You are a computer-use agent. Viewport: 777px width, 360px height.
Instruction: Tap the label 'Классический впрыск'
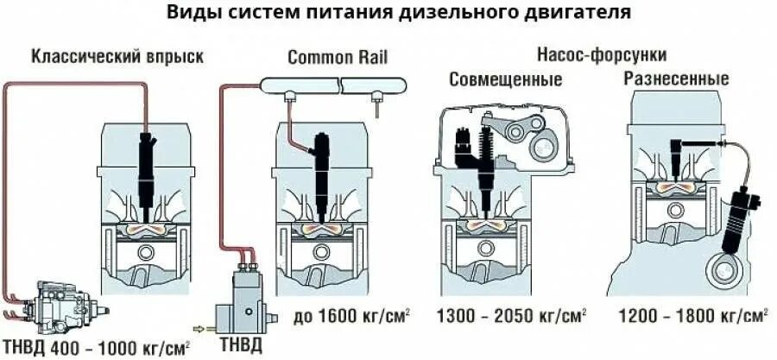click(117, 58)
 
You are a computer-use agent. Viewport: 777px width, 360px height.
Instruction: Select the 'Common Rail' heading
click(338, 58)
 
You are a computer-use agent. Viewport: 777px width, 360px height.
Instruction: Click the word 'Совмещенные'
click(506, 79)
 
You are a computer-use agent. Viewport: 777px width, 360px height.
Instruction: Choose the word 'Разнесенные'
click(676, 79)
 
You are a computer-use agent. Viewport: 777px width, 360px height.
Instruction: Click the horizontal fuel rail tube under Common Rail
click(332, 85)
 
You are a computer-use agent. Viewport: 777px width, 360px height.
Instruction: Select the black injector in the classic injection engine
click(146, 168)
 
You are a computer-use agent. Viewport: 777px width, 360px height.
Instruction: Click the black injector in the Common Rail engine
click(321, 168)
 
